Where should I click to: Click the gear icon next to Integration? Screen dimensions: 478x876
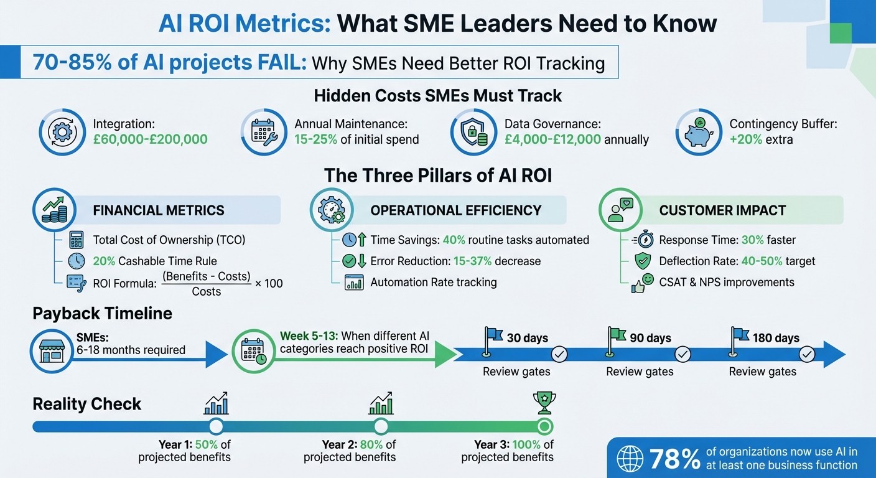coord(62,132)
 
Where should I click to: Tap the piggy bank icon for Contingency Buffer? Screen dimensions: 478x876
coord(698,132)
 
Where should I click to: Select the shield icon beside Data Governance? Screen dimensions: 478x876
coord(473,132)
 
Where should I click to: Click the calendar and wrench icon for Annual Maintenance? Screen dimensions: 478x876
coord(263,132)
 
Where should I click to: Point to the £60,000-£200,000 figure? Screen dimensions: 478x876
coord(150,139)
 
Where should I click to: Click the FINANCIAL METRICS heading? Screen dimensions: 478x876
coord(159,210)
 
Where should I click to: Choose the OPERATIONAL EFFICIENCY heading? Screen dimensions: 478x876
coord(456,210)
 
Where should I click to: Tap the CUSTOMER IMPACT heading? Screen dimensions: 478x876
coord(722,210)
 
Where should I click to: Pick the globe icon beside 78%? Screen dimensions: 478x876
coord(630,459)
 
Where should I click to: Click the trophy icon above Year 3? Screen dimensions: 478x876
coord(544,403)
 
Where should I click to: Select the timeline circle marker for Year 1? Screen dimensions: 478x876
coord(216,426)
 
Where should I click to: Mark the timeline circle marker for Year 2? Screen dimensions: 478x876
coord(381,426)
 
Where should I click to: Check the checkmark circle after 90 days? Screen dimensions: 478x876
coord(683,355)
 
